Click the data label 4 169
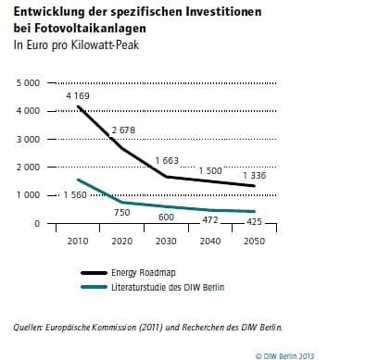tap(79, 96)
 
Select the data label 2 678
tap(124, 131)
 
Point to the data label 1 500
tap(210, 170)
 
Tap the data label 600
tap(167, 217)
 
